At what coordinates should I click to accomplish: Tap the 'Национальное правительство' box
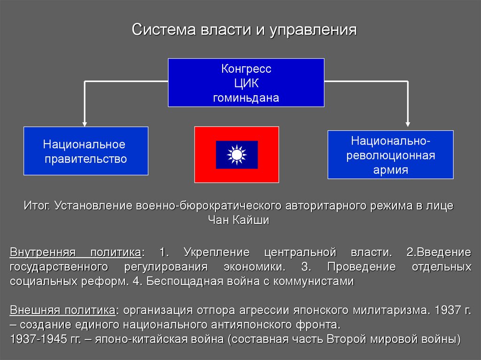tap(85, 151)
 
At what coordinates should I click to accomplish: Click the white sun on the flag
tap(236, 154)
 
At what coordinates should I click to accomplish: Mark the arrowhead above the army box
tap(407, 124)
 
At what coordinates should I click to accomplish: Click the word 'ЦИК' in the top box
tap(246, 84)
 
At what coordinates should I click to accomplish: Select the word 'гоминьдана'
tap(246, 98)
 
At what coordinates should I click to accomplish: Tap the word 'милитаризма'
tap(395, 310)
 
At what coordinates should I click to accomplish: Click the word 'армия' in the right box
tap(390, 169)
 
